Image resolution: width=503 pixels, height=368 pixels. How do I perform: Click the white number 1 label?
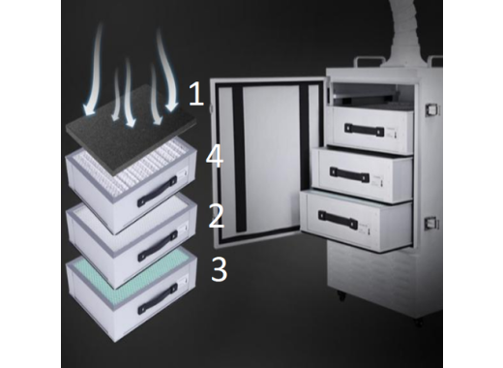[196, 94]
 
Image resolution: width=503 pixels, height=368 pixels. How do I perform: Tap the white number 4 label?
[215, 156]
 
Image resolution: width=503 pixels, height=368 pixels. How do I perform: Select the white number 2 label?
[217, 216]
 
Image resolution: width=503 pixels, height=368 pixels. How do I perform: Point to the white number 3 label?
[220, 268]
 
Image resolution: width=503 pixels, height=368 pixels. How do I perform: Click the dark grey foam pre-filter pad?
[131, 129]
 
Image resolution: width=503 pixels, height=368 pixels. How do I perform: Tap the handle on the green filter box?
[158, 298]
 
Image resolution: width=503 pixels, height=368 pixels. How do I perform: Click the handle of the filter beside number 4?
[158, 192]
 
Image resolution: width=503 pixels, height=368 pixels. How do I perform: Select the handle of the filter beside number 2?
[158, 246]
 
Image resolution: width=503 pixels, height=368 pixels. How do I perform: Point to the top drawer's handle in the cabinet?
[364, 130]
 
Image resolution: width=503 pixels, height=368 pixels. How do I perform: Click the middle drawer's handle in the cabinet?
[349, 174]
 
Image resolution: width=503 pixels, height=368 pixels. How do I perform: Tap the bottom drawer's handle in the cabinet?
[338, 219]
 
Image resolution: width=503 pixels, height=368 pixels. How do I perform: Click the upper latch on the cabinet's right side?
[432, 109]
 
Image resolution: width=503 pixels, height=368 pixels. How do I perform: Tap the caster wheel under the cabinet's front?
[341, 295]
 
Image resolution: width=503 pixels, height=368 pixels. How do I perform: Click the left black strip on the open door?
[239, 158]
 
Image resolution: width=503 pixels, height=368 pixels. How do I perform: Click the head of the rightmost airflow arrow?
[171, 106]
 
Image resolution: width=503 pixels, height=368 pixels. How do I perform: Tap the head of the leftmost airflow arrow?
[88, 109]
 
